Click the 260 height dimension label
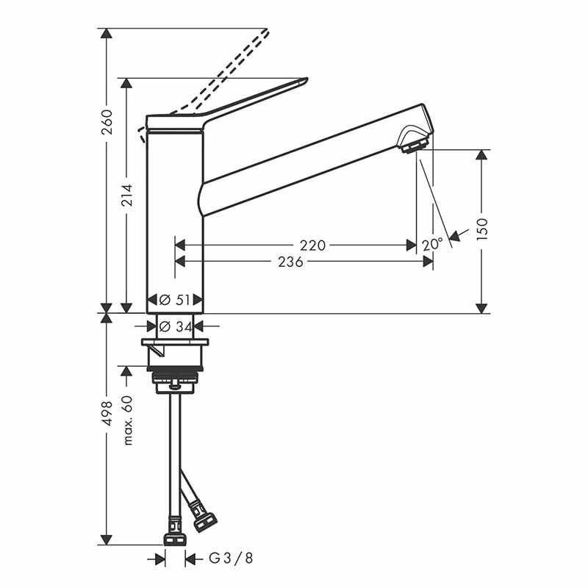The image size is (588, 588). pos(107,122)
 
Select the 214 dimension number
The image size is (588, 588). pos(127,195)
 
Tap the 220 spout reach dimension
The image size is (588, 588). pos(312,245)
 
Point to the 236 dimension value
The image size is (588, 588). pos(290,262)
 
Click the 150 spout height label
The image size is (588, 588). pos(482,229)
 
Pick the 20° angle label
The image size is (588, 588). pos(432,245)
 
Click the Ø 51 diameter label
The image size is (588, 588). pos(175,300)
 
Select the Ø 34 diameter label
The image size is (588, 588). pos(175,326)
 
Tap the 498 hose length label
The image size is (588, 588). pos(107,413)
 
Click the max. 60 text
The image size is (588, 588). pos(128,420)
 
